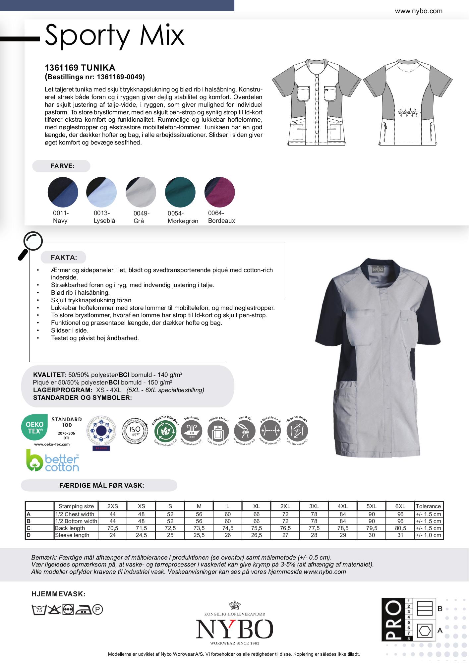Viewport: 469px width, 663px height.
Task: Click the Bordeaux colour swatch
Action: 220,192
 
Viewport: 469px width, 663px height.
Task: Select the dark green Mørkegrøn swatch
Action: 180,192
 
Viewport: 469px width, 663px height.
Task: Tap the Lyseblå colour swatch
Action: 101,192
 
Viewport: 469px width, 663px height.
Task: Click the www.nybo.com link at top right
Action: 419,11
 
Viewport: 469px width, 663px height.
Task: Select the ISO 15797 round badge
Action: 136,431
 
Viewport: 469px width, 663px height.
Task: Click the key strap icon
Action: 245,431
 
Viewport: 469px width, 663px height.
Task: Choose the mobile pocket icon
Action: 218,431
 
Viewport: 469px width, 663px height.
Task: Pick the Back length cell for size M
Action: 199,528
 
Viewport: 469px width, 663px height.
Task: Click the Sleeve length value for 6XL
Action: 400,535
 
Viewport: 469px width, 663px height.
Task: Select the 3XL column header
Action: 314,506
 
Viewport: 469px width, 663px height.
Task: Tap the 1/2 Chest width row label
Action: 75,514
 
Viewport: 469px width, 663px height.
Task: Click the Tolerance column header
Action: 428,506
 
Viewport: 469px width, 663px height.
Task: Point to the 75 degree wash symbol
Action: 38,609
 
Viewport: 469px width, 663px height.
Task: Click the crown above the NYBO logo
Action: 234,605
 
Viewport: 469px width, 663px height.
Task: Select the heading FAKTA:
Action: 64,258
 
